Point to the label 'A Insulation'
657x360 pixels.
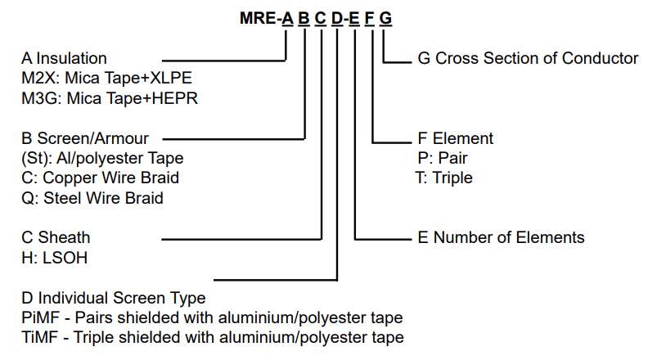[x=65, y=59]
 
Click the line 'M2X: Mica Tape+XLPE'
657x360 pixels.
[x=106, y=79]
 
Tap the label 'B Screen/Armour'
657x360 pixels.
[x=85, y=138]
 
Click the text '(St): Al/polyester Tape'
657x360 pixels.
[x=102, y=158]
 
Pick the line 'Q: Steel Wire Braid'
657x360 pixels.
[x=92, y=197]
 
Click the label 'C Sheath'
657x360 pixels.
[x=56, y=237]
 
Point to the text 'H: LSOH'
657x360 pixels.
[x=54, y=257]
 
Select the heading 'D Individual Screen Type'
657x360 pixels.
[x=114, y=297]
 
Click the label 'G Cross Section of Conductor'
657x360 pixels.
[x=528, y=59]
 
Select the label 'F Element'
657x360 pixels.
[x=455, y=138]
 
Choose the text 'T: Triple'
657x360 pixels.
[x=444, y=178]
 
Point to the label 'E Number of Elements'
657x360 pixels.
[x=501, y=237]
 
